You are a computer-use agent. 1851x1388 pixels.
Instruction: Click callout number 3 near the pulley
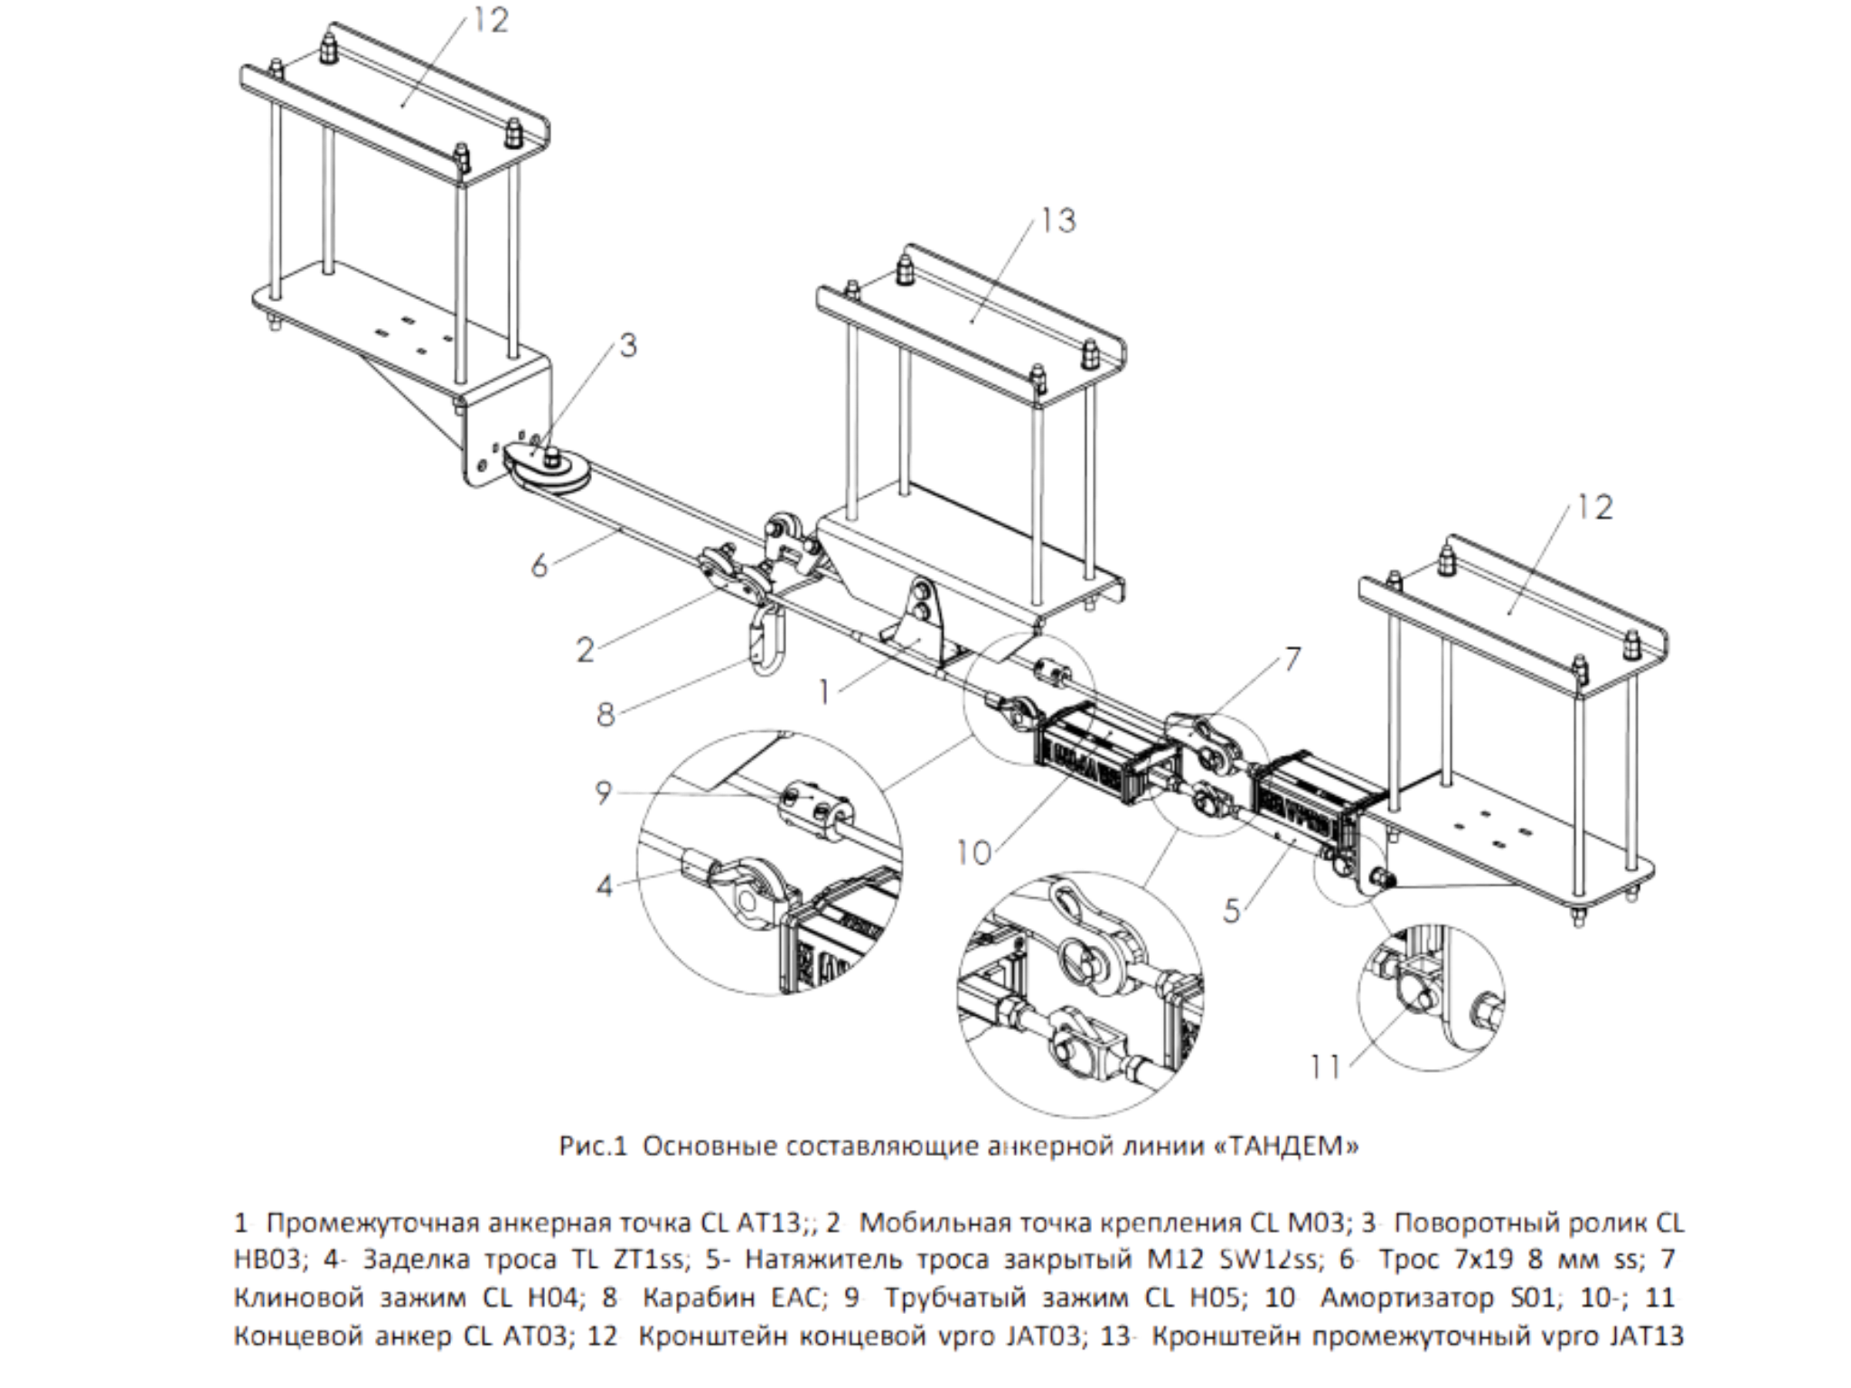click(627, 345)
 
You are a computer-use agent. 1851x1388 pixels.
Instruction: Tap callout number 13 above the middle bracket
click(1057, 220)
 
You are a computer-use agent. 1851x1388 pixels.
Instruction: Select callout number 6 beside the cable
click(540, 566)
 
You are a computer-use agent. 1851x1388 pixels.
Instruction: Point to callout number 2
click(586, 649)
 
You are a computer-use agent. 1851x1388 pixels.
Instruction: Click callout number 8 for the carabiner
click(606, 715)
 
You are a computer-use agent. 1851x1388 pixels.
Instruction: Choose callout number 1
click(823, 692)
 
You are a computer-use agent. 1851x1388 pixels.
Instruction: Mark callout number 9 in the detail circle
click(604, 792)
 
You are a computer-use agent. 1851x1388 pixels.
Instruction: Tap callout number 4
click(604, 886)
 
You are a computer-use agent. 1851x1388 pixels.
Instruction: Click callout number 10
click(974, 852)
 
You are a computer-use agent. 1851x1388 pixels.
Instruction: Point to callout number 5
click(1232, 910)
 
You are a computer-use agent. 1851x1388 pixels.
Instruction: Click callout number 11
click(1326, 1068)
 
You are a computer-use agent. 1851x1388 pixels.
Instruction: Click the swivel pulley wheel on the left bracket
click(547, 470)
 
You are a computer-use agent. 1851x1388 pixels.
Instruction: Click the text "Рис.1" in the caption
click(593, 1147)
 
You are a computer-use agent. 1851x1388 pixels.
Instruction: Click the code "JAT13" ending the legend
click(1644, 1336)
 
